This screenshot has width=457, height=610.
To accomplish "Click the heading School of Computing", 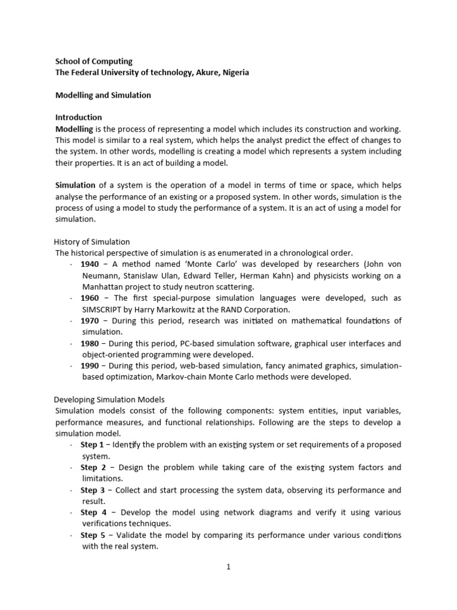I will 94,61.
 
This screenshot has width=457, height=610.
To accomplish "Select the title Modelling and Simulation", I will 103,95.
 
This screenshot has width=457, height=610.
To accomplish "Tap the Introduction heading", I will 79,117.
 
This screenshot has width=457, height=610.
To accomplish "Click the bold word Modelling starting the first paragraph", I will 74,129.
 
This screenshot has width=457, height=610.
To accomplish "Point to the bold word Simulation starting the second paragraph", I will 76,185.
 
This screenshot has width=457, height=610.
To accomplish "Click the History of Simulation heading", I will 92,242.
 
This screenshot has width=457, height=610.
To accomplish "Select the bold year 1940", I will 90,264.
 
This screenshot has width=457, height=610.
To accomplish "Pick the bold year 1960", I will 90,298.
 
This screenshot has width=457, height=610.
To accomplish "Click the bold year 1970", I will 90,320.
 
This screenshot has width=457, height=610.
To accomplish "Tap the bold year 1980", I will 90,343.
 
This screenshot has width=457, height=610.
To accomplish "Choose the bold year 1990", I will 90,366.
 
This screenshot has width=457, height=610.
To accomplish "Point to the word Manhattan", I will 102,287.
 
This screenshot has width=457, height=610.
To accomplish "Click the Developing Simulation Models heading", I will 109,399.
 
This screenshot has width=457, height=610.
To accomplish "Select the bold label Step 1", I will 92,444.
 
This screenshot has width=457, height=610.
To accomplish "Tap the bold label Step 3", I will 92,490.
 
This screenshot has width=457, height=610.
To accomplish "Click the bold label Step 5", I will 92,535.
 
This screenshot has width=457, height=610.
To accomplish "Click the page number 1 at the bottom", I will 228,567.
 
